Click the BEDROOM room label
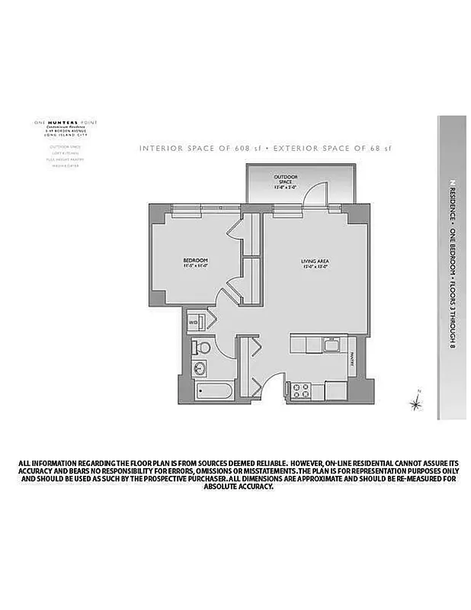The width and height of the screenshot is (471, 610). click(196, 261)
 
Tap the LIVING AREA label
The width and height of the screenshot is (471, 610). click(313, 261)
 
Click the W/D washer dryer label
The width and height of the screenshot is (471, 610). click(193, 323)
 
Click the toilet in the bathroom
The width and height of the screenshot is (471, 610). click(202, 348)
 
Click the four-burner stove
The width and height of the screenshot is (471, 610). click(299, 390)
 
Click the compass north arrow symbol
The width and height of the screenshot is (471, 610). click(416, 400)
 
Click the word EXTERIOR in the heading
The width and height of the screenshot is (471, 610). click(272, 148)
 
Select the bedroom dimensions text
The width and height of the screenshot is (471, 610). click(196, 267)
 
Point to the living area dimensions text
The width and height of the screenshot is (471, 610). click(313, 267)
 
